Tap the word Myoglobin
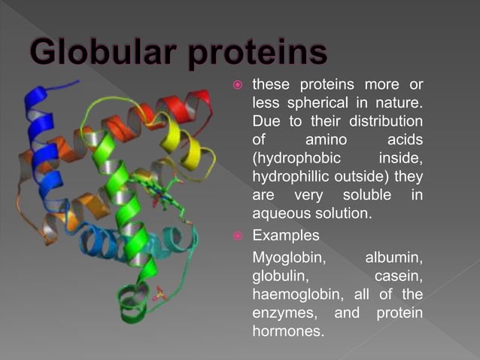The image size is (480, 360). coord(288,257)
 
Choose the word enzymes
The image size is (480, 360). coord(283,313)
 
